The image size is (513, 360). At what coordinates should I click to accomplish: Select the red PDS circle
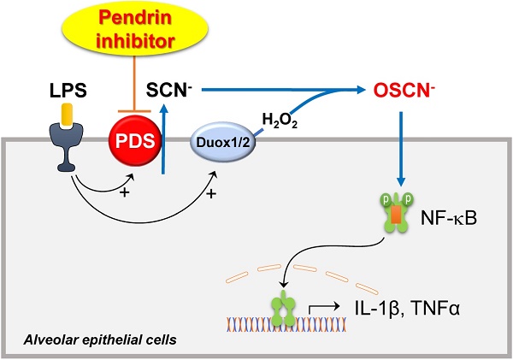click(x=132, y=142)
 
